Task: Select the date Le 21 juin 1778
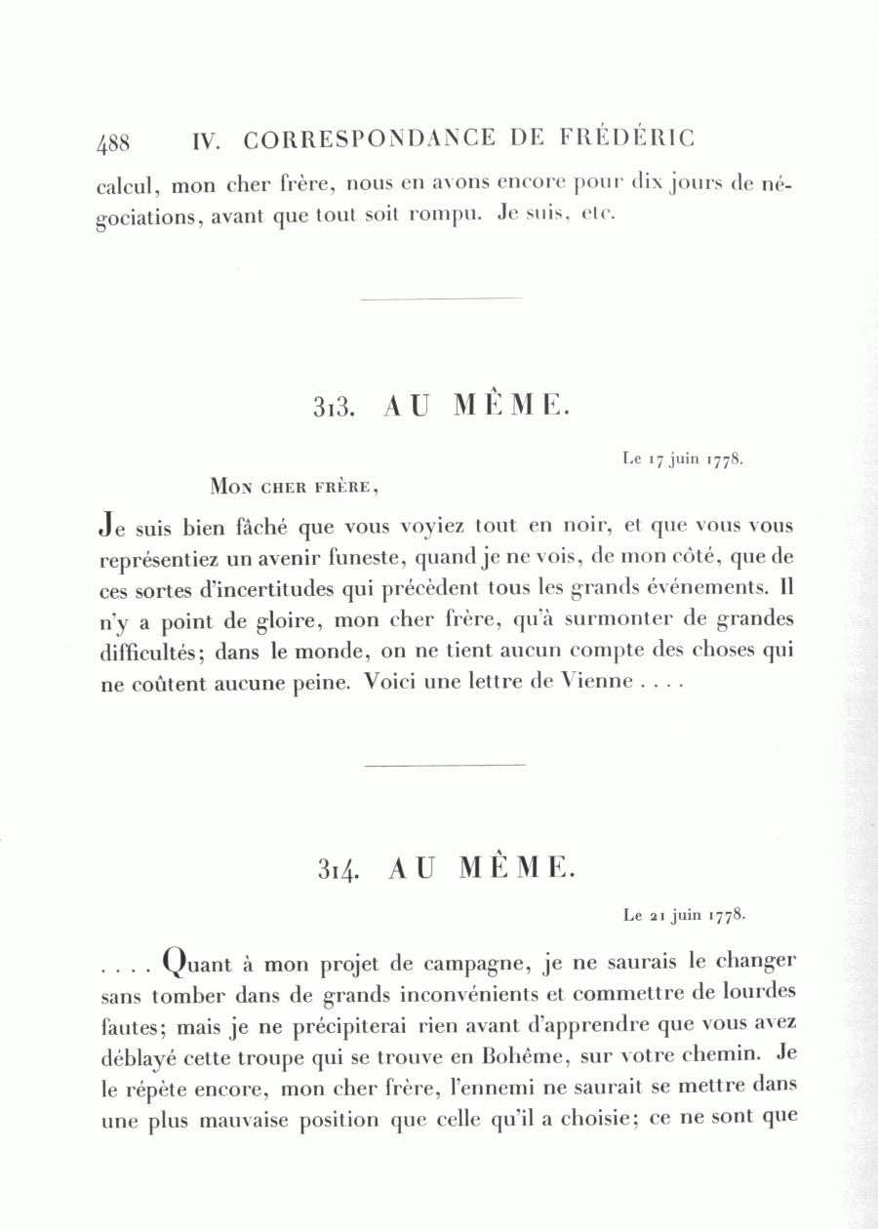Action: tap(686, 916)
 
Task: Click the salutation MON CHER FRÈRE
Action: tap(293, 486)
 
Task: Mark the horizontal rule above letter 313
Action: tap(441, 298)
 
